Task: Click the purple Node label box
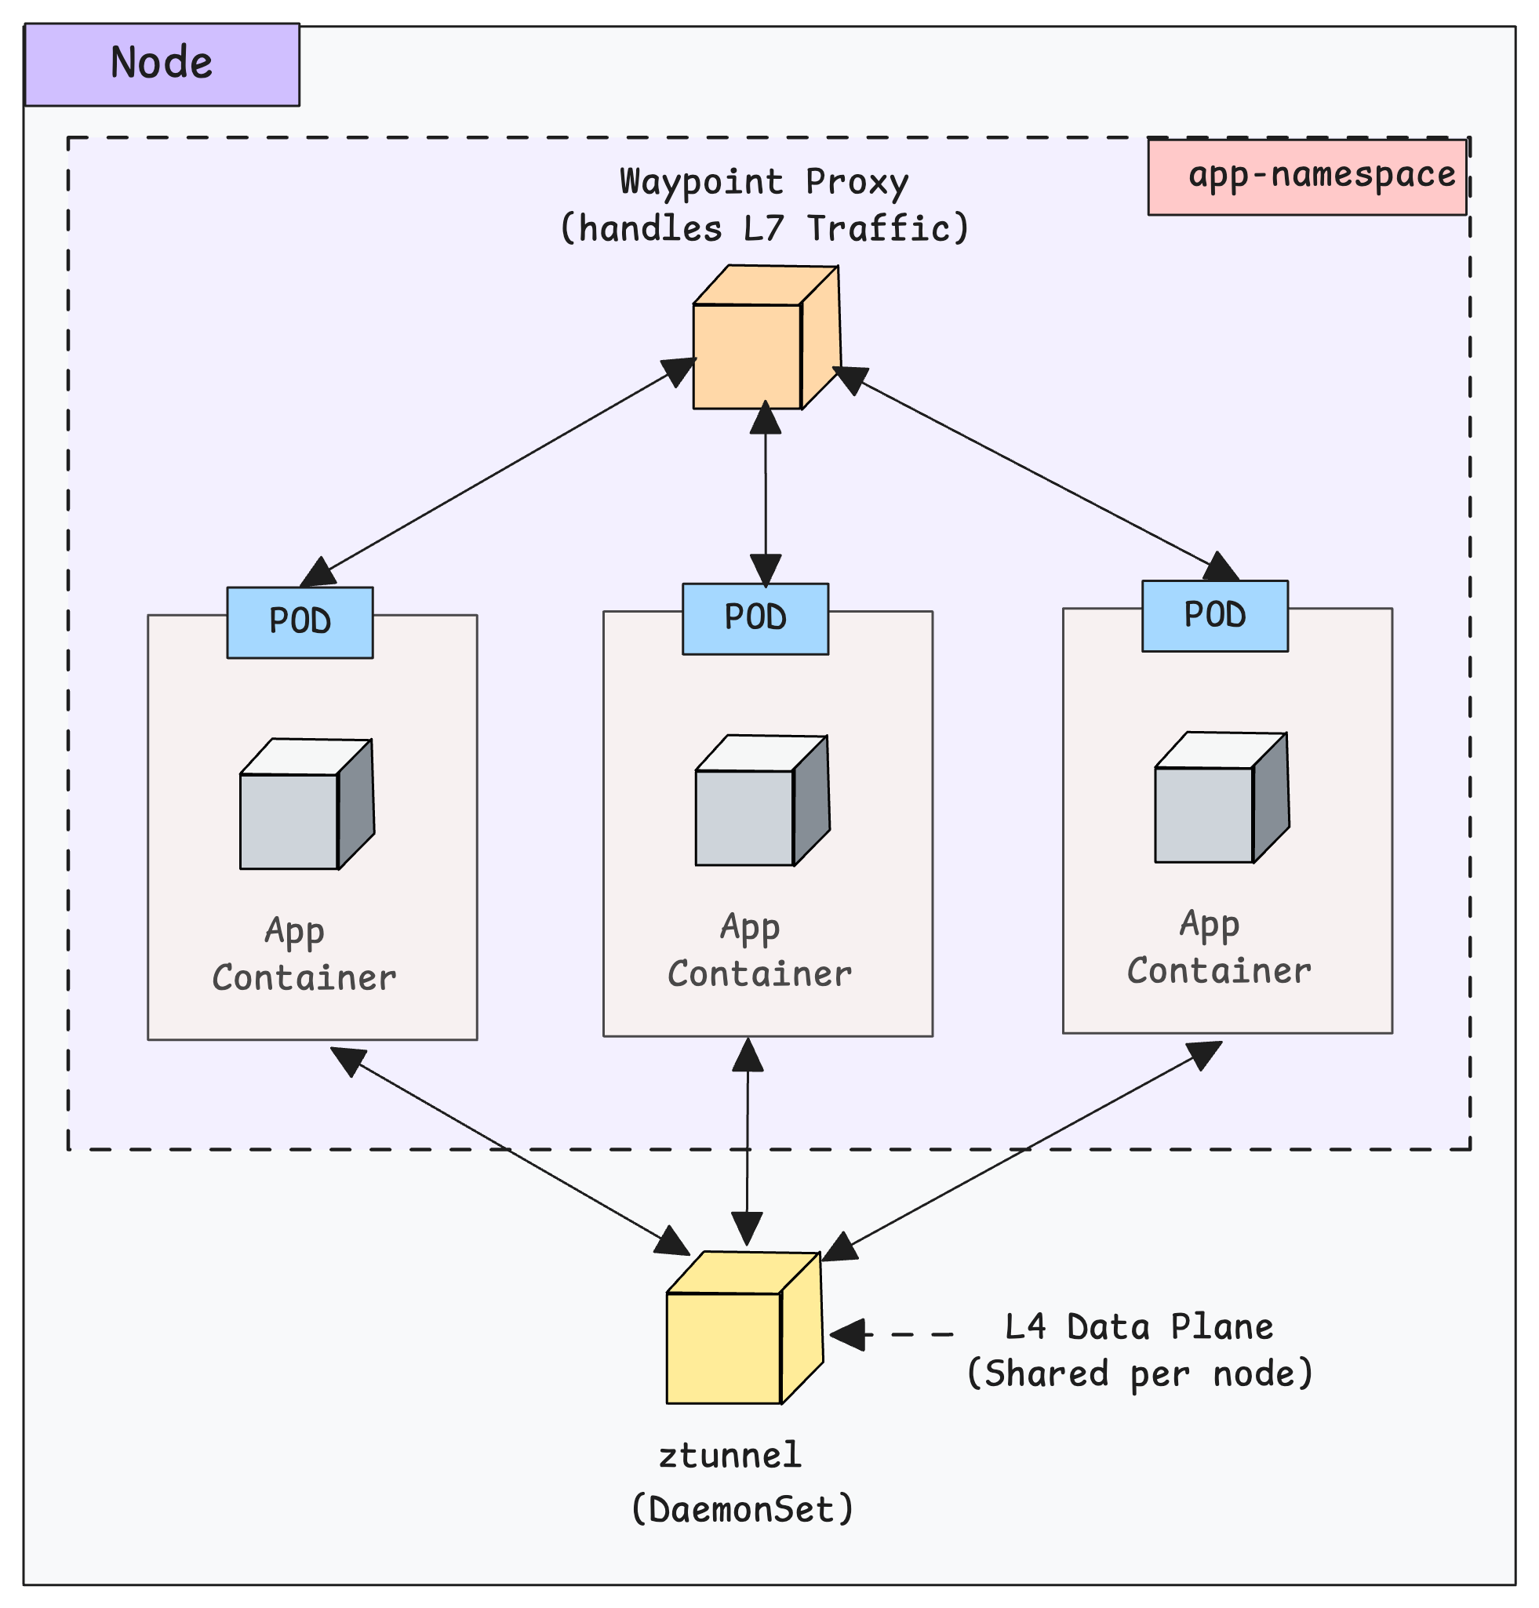click(162, 64)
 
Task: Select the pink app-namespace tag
click(1306, 177)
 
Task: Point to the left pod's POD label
click(300, 623)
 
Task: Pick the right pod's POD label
click(1214, 616)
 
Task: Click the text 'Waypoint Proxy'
click(764, 181)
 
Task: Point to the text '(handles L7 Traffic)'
click(764, 228)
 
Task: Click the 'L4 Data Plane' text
click(1139, 1327)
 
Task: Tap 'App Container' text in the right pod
click(1218, 948)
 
